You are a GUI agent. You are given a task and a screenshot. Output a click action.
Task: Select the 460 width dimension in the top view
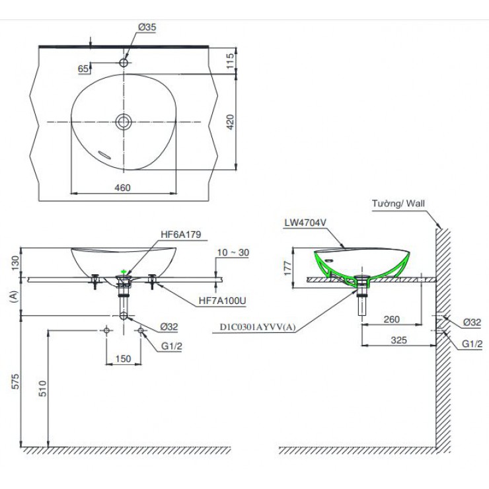point(122,187)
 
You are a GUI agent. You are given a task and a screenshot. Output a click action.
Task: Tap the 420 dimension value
point(229,122)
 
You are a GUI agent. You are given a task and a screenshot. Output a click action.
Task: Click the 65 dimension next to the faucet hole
point(84,69)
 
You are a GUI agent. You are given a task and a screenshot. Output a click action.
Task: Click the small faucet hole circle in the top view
point(123,63)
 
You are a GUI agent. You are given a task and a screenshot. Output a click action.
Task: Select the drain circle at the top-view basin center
point(123,121)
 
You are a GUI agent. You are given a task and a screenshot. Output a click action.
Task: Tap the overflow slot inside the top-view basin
point(103,154)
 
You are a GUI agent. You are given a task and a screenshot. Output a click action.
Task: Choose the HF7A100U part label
point(222,301)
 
